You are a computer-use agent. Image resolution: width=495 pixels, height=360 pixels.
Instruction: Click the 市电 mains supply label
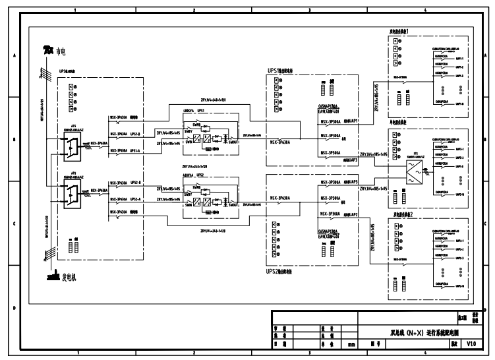point(61,52)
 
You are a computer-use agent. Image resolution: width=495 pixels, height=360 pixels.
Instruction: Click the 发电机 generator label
point(68,277)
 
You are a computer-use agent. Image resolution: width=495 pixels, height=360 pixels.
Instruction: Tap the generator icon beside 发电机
point(52,277)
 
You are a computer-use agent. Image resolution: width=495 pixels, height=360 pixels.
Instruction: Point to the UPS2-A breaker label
point(134,198)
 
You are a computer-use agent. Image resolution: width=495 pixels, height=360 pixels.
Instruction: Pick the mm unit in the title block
point(351,344)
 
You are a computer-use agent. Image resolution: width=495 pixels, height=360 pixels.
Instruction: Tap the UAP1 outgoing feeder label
point(351,122)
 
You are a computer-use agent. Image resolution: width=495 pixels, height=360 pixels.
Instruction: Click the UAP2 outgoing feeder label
point(351,214)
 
